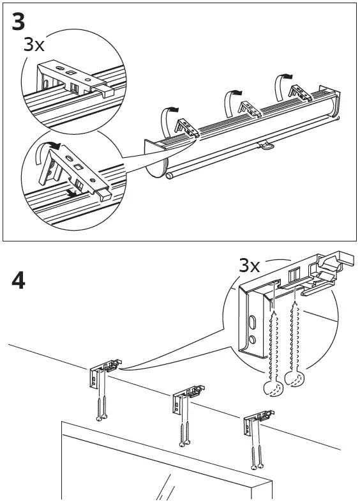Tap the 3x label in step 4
[250, 265]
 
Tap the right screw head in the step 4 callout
[294, 381]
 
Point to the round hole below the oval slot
[252, 340]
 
